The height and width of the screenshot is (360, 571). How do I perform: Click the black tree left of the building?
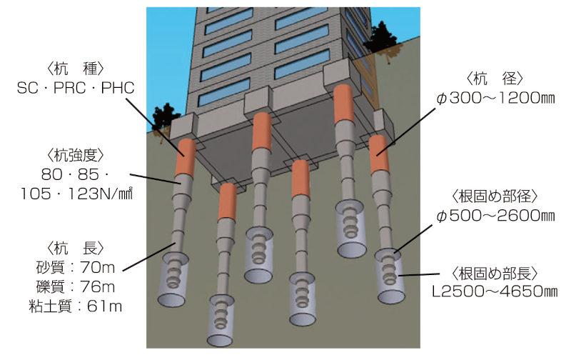(x=165, y=116)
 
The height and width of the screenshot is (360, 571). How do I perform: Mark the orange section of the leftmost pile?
(x=187, y=158)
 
